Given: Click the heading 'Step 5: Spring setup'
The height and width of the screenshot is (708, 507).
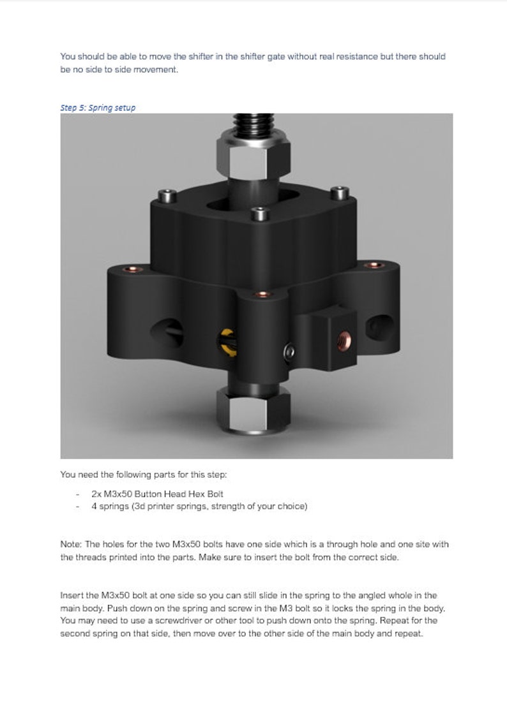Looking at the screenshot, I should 98,108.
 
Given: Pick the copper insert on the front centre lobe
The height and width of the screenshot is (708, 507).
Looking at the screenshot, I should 258,294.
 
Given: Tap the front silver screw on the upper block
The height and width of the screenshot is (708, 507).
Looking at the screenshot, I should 258,213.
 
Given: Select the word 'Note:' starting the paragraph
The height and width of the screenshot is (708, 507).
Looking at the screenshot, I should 71,544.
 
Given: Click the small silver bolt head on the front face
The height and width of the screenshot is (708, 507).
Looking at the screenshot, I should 291,350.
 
